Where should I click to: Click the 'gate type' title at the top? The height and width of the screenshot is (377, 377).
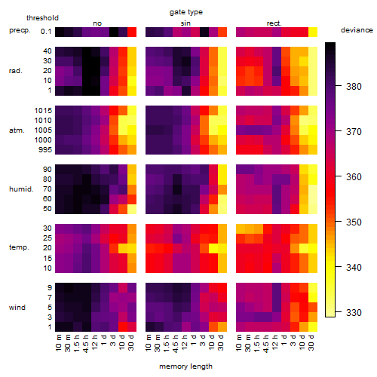click(x=186, y=12)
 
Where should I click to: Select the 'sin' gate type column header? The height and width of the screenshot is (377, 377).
click(x=185, y=23)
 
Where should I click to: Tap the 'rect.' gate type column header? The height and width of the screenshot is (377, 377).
click(x=274, y=23)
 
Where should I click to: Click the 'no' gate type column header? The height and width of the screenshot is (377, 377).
click(x=97, y=23)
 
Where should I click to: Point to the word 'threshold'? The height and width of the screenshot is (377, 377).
click(x=42, y=18)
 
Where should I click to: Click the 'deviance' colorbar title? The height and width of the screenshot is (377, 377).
click(x=357, y=30)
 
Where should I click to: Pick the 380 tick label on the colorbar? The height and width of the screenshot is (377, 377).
click(x=354, y=87)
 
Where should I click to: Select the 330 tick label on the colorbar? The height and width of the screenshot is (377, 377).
click(x=354, y=313)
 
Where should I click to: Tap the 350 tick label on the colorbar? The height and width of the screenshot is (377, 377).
click(x=354, y=222)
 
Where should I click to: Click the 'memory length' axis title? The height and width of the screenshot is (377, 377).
click(x=185, y=366)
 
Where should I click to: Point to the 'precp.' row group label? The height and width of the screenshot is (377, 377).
click(x=20, y=30)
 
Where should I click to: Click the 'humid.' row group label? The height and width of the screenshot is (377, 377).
click(x=21, y=189)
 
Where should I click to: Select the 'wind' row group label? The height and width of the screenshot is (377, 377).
click(x=17, y=308)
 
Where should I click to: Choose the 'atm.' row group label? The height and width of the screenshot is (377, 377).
click(x=17, y=130)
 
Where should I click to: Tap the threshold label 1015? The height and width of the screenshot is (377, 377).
click(x=43, y=111)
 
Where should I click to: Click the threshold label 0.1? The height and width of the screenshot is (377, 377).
click(x=46, y=32)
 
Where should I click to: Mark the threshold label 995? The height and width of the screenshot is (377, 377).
click(x=45, y=150)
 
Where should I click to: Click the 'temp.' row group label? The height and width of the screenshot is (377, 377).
click(x=19, y=247)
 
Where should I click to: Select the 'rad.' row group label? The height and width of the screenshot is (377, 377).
click(x=16, y=71)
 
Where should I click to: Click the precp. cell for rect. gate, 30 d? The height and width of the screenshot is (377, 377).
click(x=313, y=32)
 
